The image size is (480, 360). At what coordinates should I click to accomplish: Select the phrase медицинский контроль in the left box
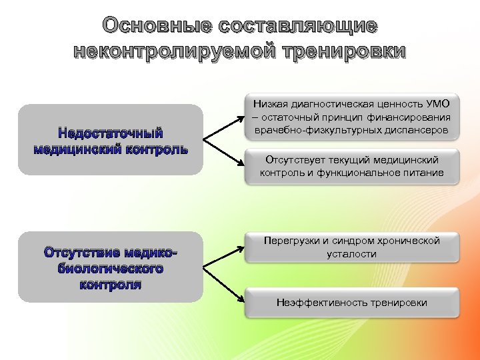[110, 148]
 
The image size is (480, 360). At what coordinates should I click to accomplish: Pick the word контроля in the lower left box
[110, 285]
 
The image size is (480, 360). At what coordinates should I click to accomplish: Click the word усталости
[351, 253]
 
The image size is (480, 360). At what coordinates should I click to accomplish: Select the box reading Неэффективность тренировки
[351, 303]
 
